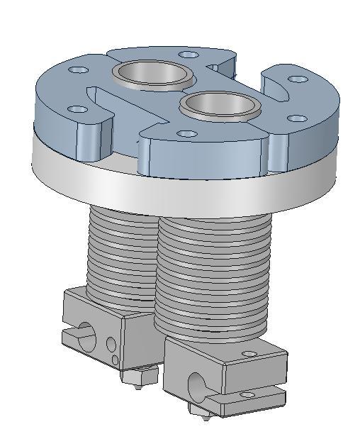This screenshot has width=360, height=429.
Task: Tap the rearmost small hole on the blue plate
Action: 188,55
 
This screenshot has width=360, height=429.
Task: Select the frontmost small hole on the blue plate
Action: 186,133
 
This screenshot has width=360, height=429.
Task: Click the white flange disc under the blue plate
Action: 177,188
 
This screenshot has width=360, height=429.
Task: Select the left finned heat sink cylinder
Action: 117,255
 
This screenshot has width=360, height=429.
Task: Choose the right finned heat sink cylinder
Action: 213,277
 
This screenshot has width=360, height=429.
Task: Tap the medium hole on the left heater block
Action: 111,345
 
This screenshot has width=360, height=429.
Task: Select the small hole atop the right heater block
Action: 247,354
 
